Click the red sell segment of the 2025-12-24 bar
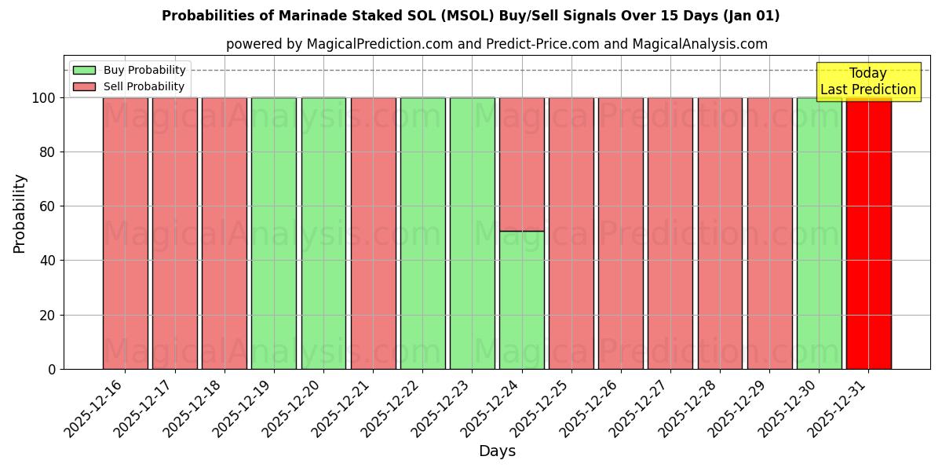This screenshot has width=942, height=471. tap(521, 164)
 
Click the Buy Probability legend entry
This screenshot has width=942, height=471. tap(130, 70)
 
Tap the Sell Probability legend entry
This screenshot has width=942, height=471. tap(130, 86)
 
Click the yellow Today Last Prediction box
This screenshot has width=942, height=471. tap(867, 82)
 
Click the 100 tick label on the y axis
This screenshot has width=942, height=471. tap(44, 98)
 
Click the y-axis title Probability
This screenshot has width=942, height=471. tap(20, 213)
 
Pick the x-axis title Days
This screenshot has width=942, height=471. tap(497, 451)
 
